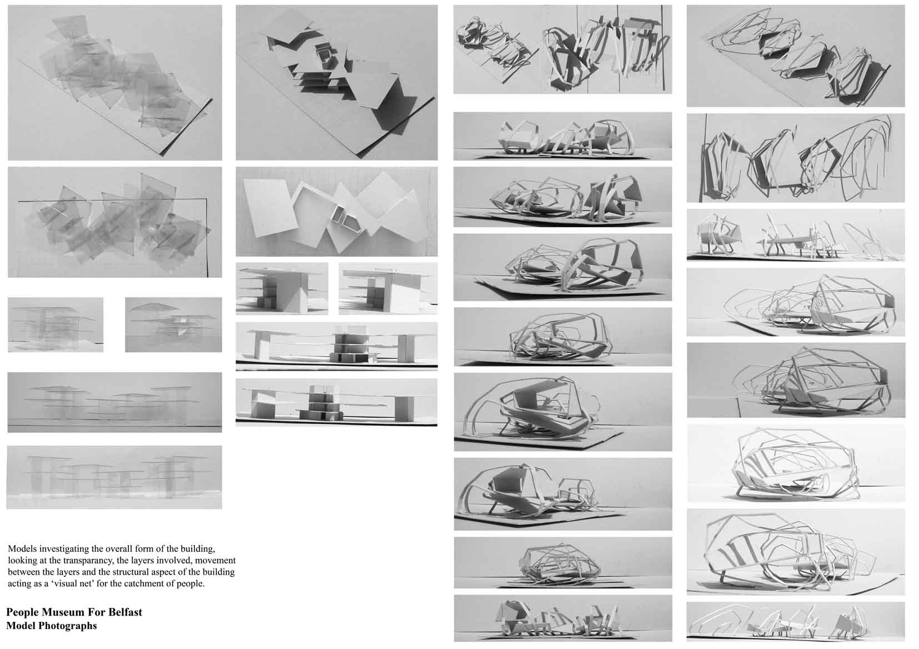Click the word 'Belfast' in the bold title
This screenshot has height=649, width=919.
125,612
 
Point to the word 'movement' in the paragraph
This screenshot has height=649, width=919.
218,560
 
